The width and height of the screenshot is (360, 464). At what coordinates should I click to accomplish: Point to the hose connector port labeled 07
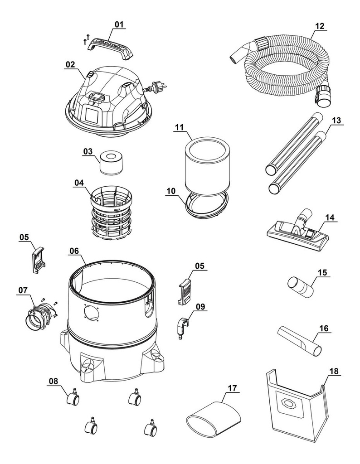click(x=39, y=317)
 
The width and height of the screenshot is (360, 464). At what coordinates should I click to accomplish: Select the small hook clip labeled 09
click(x=182, y=328)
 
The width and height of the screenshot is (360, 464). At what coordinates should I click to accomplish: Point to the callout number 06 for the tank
click(x=74, y=251)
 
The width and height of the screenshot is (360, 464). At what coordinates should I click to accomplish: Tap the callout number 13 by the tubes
click(x=336, y=120)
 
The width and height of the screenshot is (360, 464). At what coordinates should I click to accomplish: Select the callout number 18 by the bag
click(x=334, y=371)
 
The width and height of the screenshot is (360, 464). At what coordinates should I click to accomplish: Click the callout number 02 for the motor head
click(x=70, y=64)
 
